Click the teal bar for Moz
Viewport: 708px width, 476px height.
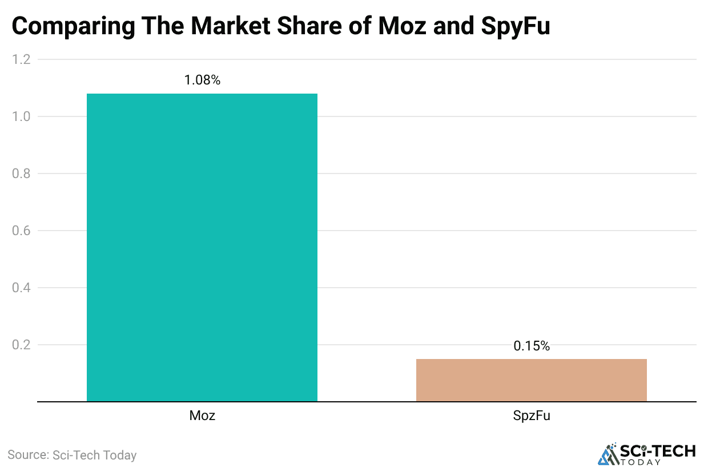tap(202, 247)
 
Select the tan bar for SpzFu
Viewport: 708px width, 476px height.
tap(531, 380)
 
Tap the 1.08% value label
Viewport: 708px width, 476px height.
tap(202, 80)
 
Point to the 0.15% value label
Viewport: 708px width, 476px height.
tap(531, 346)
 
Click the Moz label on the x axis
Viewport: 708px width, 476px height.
tap(202, 416)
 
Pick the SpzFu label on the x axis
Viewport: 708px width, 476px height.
tap(531, 416)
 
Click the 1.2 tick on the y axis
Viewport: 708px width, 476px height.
tap(21, 59)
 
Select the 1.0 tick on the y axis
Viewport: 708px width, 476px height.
tap(21, 116)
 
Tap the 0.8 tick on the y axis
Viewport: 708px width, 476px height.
tap(21, 174)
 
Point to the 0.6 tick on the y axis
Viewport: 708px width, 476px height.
tap(21, 231)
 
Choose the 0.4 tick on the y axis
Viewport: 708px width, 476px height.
tap(21, 288)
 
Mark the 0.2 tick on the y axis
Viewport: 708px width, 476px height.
tap(21, 345)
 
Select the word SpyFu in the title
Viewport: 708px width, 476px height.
tap(513, 26)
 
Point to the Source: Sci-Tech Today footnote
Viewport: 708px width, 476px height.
tap(72, 455)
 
